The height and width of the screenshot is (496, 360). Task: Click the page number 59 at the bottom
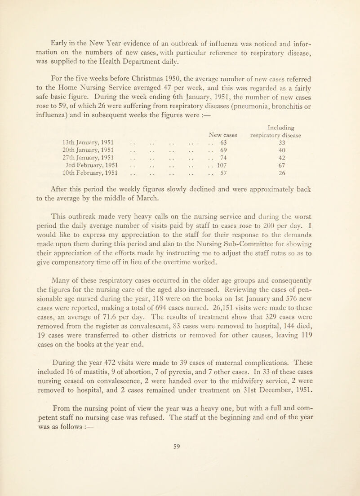coord(180,481)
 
